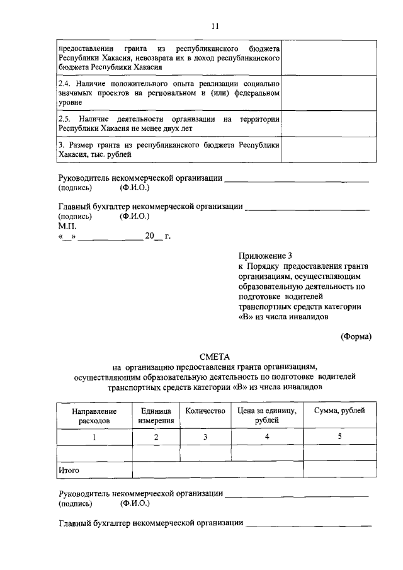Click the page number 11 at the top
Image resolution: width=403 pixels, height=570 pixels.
(x=215, y=26)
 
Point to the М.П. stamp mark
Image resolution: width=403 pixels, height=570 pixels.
(x=67, y=226)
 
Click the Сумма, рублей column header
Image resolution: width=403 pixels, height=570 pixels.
(x=339, y=411)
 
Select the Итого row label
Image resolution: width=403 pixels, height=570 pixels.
(x=69, y=469)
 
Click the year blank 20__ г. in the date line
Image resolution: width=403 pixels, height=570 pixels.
(x=158, y=237)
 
